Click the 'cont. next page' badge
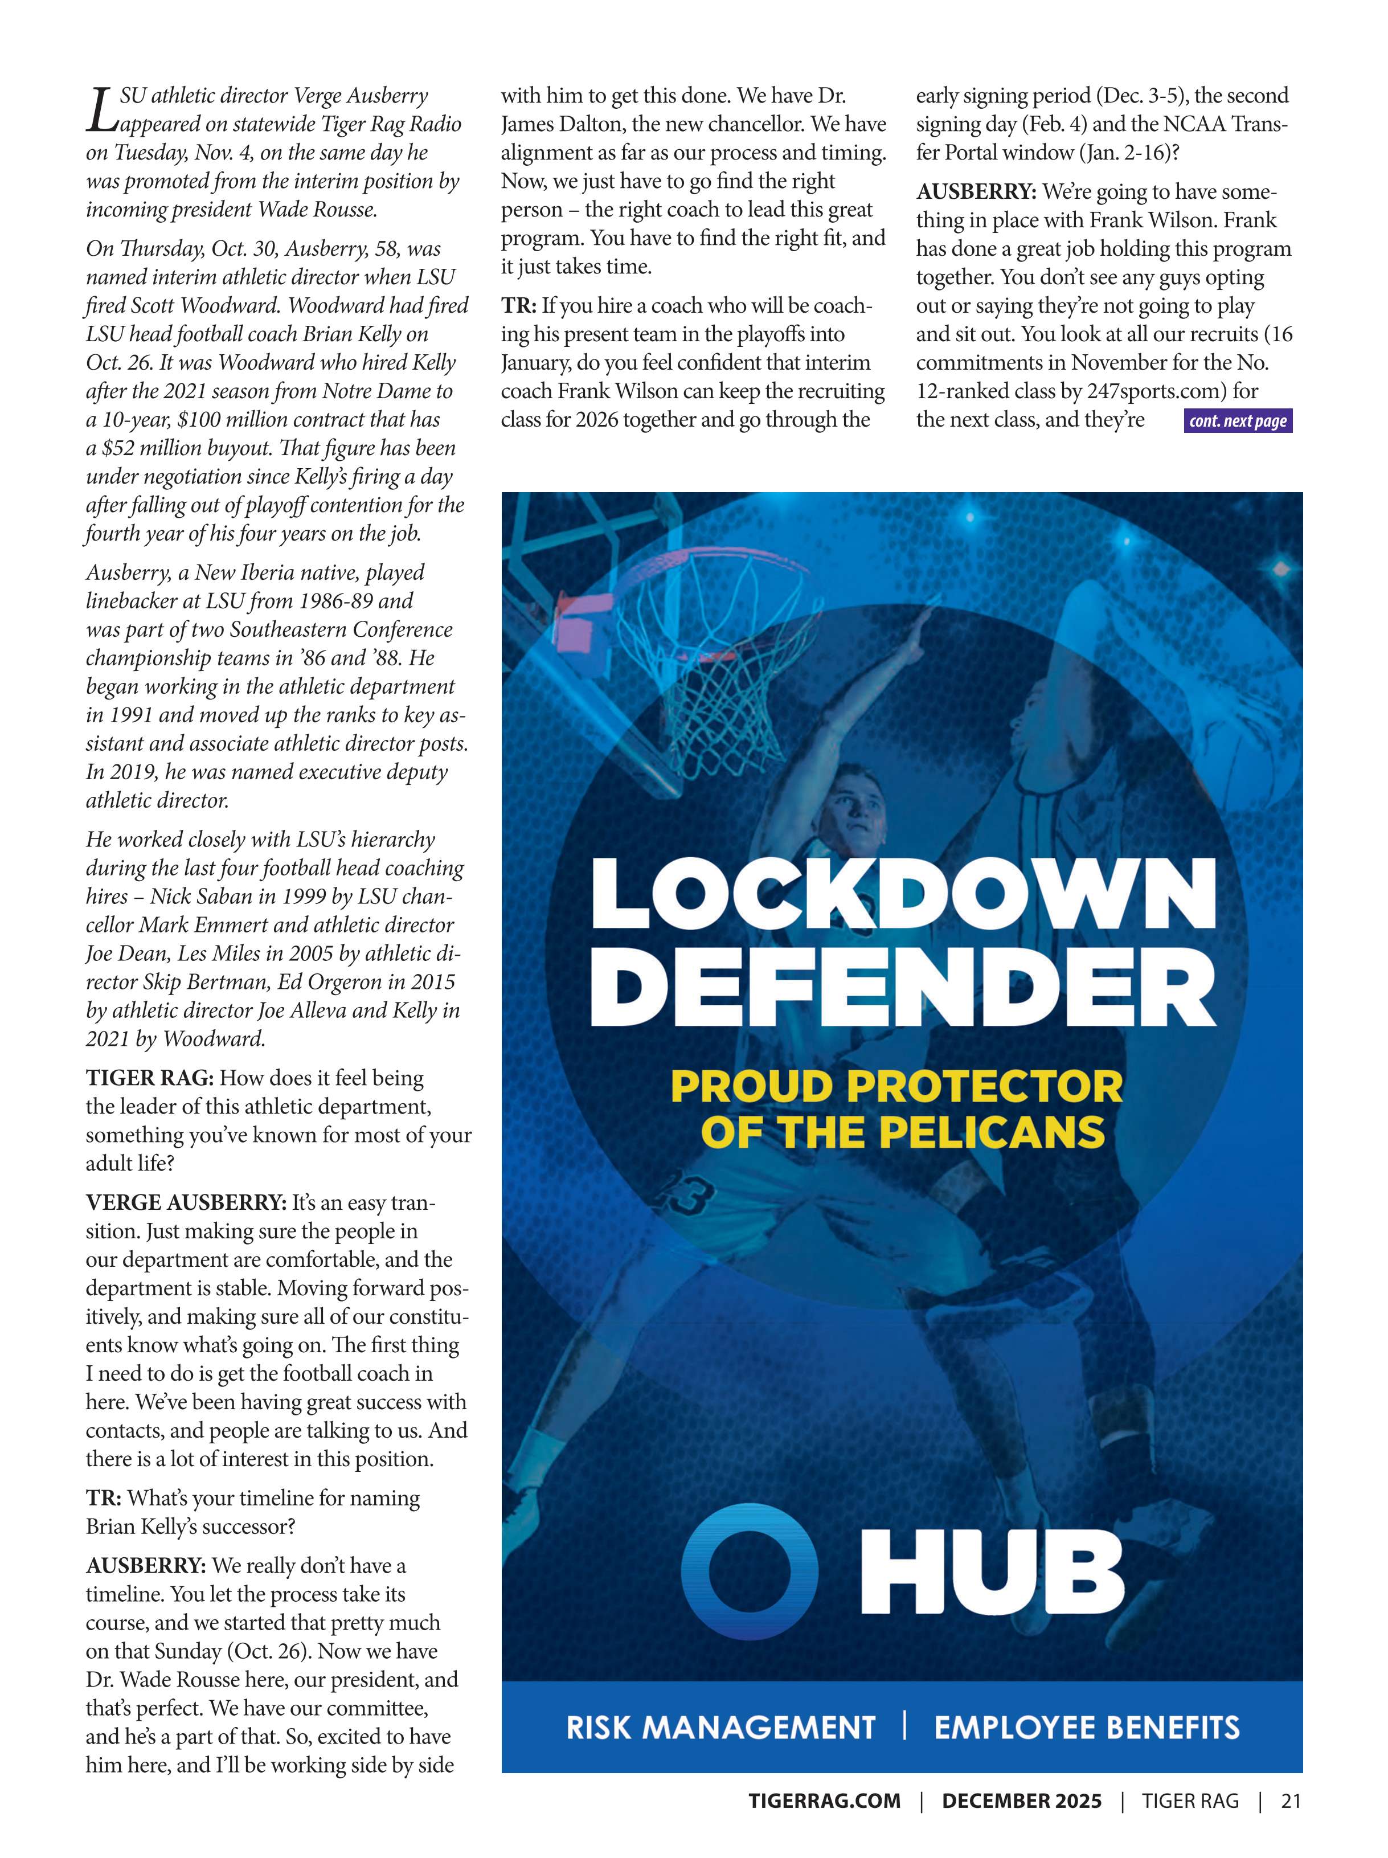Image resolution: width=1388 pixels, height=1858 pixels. pos(1237,421)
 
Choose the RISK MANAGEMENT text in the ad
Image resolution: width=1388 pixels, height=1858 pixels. pos(720,1728)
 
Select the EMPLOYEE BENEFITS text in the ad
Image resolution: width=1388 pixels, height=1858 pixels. pos(1087,1728)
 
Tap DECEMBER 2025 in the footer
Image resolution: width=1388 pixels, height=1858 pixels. pos(1021,1801)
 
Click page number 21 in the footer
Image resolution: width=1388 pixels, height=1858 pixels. pos(1291,1801)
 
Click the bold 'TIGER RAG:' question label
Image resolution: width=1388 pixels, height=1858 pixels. pos(149,1078)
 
